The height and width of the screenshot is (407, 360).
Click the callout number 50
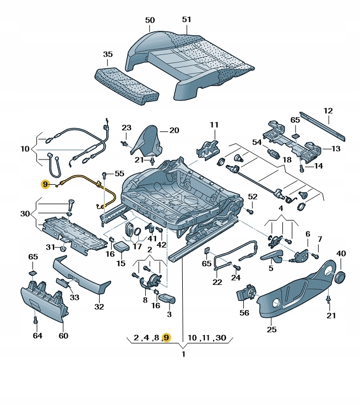[150, 20]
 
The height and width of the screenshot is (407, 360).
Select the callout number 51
[186, 20]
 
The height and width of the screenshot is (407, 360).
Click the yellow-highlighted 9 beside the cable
[45, 184]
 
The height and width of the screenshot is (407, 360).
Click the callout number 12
[328, 110]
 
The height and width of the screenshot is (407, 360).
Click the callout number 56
[244, 312]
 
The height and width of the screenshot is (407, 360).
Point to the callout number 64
[37, 335]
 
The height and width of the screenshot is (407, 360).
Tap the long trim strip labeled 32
[83, 275]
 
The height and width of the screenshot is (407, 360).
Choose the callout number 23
[126, 128]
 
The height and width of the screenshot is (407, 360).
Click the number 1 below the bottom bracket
[183, 354]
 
